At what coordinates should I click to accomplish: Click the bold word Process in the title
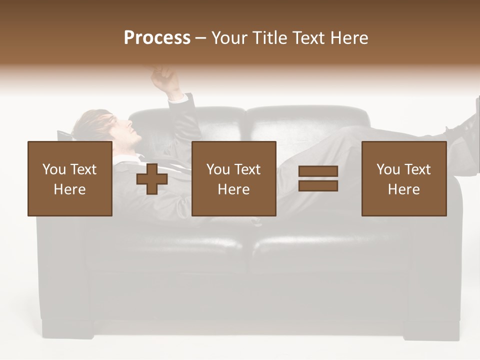[157, 38]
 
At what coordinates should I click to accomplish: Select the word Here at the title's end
[348, 38]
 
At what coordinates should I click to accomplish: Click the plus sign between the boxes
[152, 179]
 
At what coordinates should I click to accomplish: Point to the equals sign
[318, 178]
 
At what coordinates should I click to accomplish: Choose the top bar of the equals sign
[318, 171]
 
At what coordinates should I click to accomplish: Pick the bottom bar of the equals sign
[318, 186]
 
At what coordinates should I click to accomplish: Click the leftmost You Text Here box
[69, 178]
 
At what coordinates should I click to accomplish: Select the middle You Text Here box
[233, 178]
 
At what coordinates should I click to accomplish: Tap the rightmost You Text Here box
[403, 178]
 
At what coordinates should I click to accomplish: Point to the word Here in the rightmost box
[403, 189]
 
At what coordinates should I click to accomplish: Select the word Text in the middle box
[247, 169]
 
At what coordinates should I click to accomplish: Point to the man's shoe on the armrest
[462, 127]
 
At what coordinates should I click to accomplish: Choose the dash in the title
[200, 38]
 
